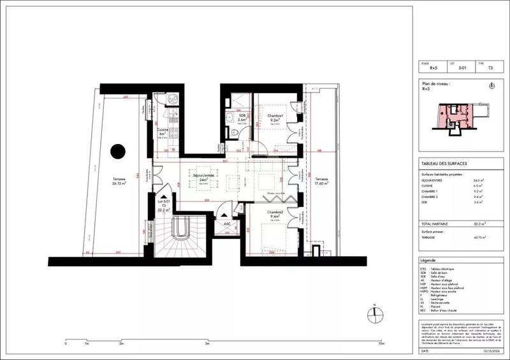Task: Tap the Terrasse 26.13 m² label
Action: tap(116, 180)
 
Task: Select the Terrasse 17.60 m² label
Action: tap(321, 182)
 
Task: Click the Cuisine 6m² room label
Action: tap(163, 131)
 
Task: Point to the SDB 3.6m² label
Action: tap(242, 117)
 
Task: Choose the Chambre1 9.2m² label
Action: tap(276, 117)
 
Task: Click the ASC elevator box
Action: tap(226, 224)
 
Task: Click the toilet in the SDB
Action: tap(235, 132)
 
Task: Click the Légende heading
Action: tap(428, 261)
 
